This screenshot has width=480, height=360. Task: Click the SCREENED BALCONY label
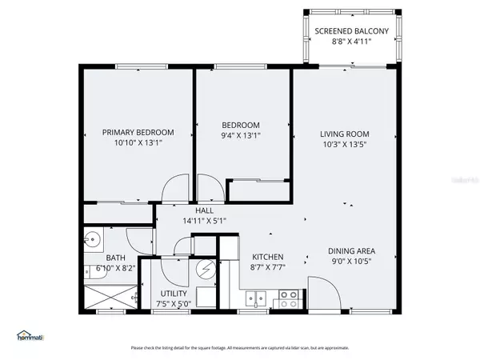[x=351, y=31]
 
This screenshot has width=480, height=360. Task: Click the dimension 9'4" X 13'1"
[x=241, y=136]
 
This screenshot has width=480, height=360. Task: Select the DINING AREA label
[x=351, y=249]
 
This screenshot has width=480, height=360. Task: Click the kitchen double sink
[x=257, y=299]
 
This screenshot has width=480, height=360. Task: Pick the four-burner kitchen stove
[x=288, y=298]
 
